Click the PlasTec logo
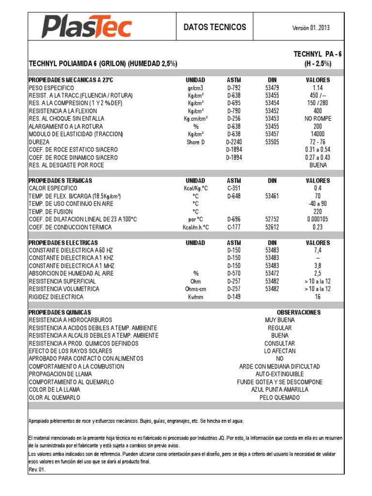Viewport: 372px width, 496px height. (x=86, y=27)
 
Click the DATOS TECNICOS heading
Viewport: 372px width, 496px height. (x=215, y=27)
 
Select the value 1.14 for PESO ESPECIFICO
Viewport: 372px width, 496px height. (x=318, y=88)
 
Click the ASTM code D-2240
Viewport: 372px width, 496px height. (x=234, y=142)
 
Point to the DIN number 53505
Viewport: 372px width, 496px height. (x=272, y=142)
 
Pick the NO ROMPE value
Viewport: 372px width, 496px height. (x=318, y=119)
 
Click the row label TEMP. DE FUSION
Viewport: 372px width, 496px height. (x=51, y=212)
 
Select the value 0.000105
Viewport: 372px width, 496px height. (x=318, y=219)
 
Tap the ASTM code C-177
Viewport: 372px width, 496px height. (x=234, y=227)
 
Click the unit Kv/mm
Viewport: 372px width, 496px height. (x=196, y=297)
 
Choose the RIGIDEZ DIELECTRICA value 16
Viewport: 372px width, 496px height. (x=318, y=297)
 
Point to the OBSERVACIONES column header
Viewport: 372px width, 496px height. (x=298, y=312)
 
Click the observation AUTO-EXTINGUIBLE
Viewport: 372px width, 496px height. (x=279, y=374)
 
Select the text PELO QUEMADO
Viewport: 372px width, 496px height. (x=279, y=398)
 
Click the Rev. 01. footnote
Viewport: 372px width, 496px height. (x=37, y=469)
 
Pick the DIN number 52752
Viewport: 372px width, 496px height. (x=272, y=219)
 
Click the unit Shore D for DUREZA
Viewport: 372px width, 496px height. (x=196, y=142)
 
